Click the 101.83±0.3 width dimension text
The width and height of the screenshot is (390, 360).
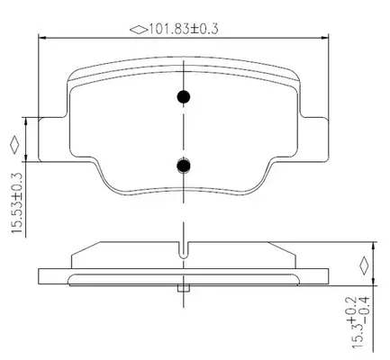(x=184, y=29)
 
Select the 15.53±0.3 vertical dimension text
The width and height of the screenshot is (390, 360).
(x=17, y=203)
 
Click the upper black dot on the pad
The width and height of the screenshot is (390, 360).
(x=184, y=97)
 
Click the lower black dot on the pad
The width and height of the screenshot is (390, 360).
(x=184, y=166)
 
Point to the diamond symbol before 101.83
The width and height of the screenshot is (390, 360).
(x=139, y=30)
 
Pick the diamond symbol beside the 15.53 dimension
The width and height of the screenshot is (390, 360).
(x=14, y=145)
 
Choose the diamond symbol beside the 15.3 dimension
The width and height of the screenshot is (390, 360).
(x=364, y=265)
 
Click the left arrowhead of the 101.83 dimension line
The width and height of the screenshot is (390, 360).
(x=42, y=38)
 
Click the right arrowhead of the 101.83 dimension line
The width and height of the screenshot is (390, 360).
(x=325, y=38)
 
